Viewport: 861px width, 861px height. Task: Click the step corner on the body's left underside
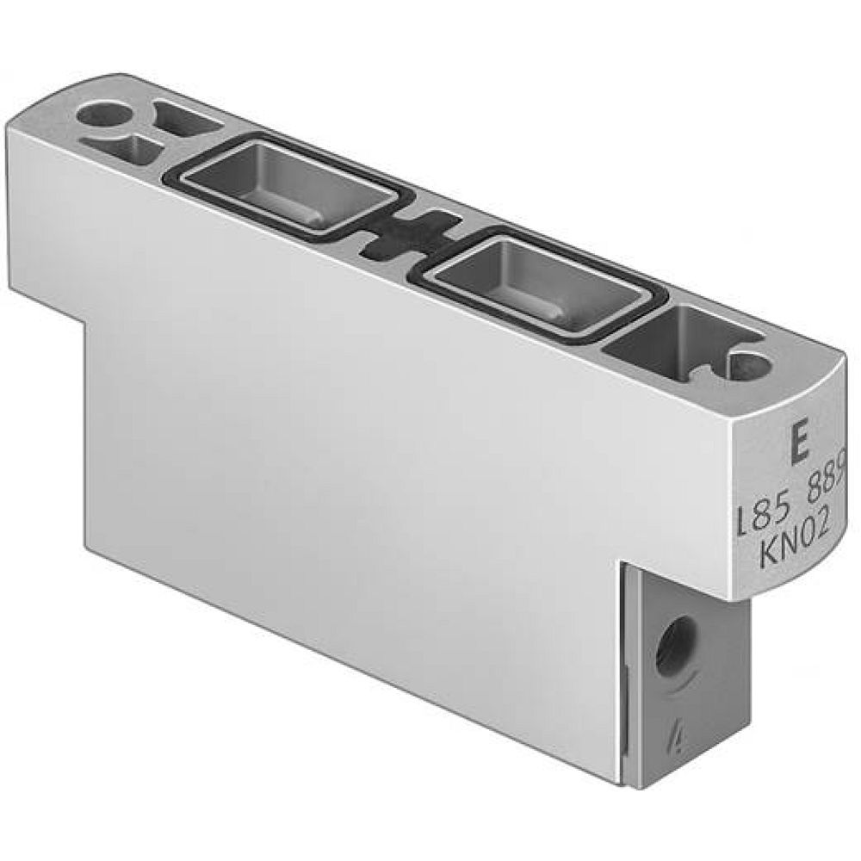pos(86,319)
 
